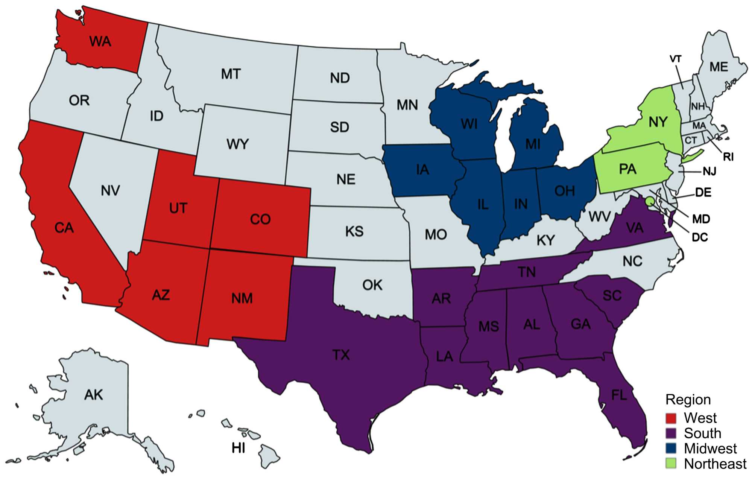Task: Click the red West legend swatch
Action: click(671, 418)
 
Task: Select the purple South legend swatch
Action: click(671, 433)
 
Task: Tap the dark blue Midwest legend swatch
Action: click(671, 448)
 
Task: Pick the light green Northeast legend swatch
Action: click(671, 464)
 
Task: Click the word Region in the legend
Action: click(688, 400)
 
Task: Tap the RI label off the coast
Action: click(728, 157)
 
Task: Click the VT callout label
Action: click(676, 59)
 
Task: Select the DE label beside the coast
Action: click(703, 193)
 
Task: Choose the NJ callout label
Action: click(709, 172)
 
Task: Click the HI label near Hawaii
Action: click(239, 448)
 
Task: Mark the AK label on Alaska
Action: click(93, 395)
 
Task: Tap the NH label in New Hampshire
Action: click(697, 106)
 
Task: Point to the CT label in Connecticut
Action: click(691, 140)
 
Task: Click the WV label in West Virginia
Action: click(600, 217)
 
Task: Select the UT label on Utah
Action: click(178, 208)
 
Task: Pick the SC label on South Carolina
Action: click(612, 296)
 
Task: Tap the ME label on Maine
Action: click(719, 67)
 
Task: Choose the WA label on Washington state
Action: click(100, 41)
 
